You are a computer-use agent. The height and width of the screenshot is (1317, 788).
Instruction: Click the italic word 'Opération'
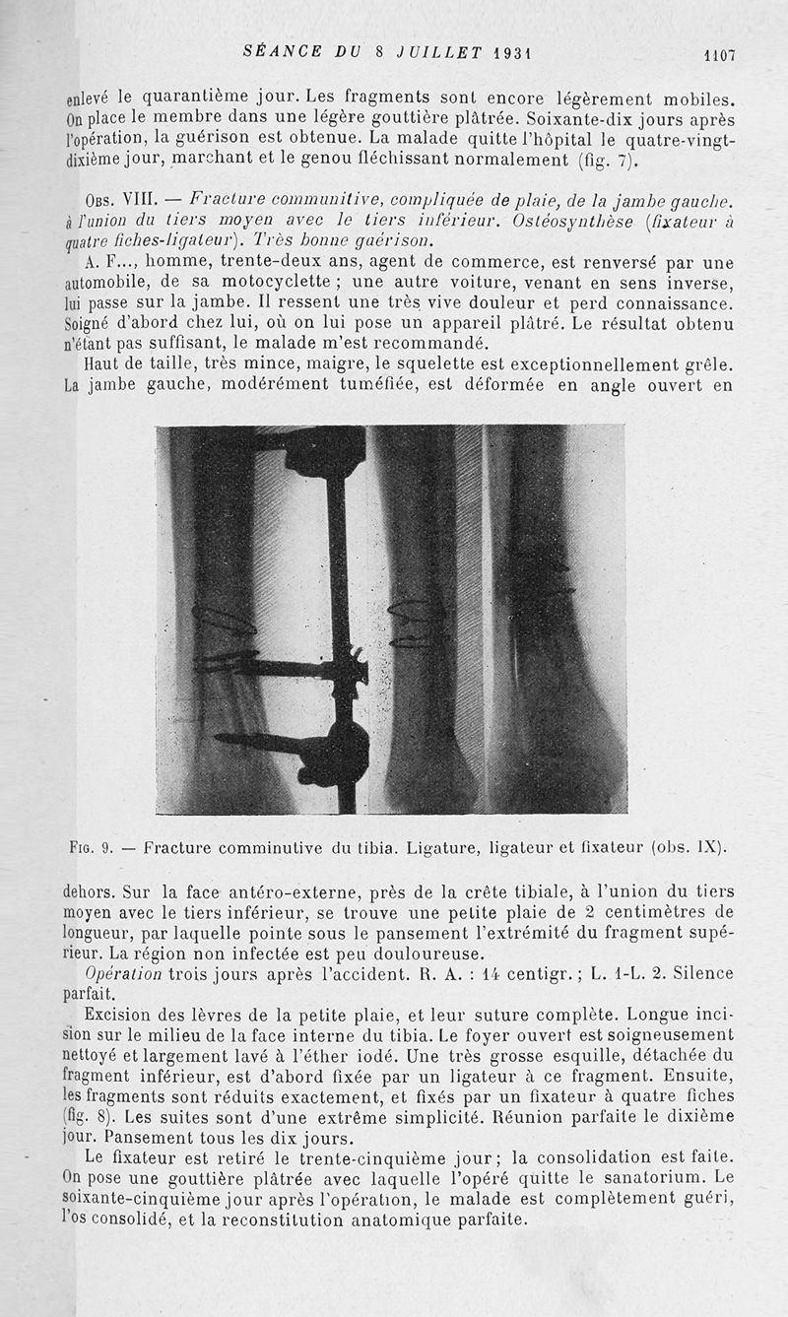point(123,973)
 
